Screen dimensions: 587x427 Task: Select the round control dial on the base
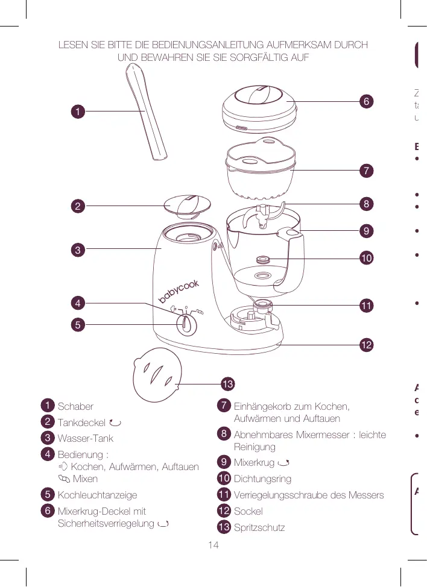(x=187, y=325)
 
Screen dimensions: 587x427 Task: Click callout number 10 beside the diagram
(x=365, y=259)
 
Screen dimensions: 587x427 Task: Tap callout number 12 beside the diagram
(x=365, y=345)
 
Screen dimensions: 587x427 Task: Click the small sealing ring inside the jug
(x=263, y=260)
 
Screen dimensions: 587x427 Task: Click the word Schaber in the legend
(x=75, y=406)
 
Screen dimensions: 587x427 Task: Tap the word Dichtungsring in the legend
(x=262, y=479)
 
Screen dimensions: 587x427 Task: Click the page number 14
(x=212, y=545)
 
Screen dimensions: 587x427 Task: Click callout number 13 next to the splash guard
(x=227, y=383)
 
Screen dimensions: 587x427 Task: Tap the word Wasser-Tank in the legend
(x=85, y=438)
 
